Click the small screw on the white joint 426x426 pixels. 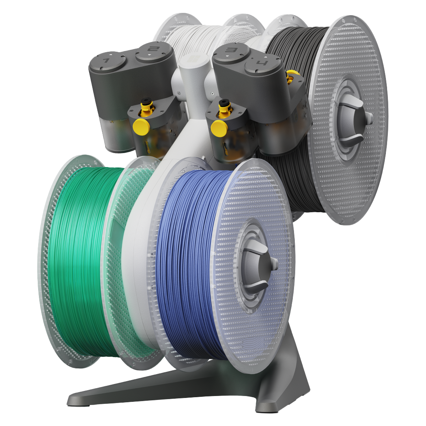tap(212, 93)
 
